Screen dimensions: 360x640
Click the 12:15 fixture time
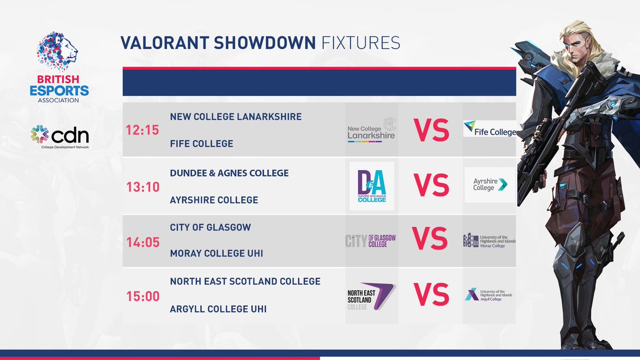pos(142,130)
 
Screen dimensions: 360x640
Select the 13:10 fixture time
pos(142,187)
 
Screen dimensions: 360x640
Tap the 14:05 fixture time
pos(142,242)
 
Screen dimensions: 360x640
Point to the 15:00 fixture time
pos(142,295)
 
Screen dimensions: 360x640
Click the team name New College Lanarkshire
pos(236,116)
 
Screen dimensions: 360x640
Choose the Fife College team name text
pos(202,144)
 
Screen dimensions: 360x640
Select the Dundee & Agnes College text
pos(229,173)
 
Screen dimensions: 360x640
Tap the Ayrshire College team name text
pos(214,200)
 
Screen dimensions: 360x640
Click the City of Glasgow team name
pos(210,227)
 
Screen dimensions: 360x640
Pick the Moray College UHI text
pos(217,253)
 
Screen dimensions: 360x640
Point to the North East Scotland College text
pos(245,281)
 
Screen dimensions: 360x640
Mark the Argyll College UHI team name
pos(218,309)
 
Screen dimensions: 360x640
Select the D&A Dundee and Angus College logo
pos(372,186)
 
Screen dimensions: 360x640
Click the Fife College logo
pos(490,129)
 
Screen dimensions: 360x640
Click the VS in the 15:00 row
pos(431,295)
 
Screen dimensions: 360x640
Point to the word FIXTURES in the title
pos(361,43)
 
